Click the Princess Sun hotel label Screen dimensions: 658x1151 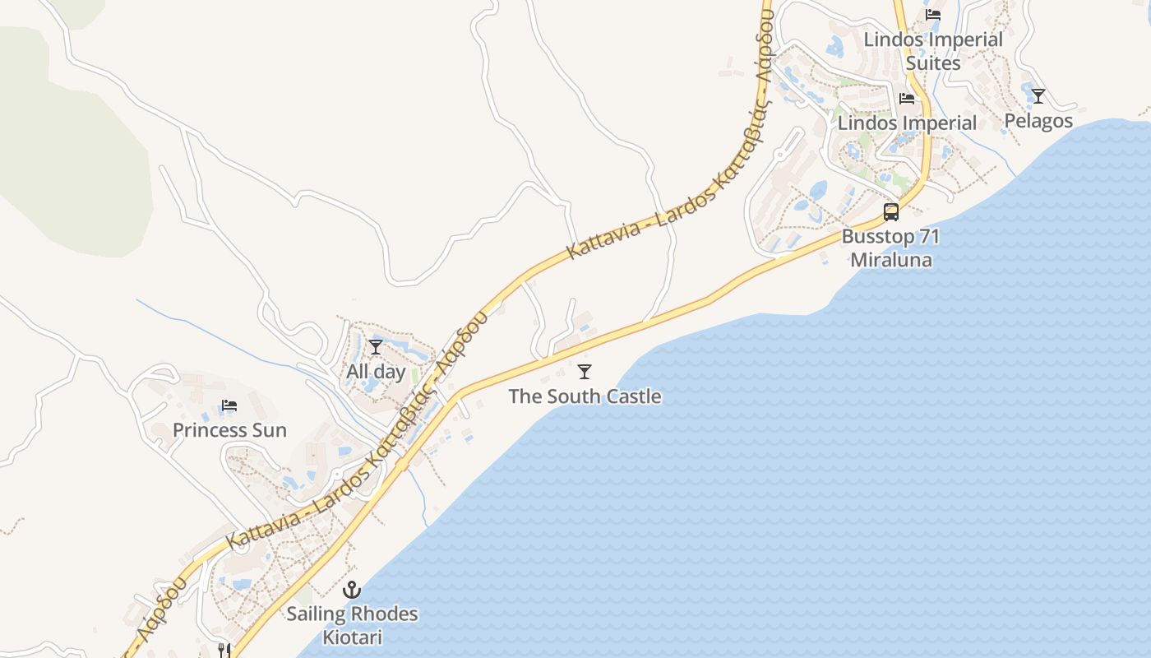(229, 430)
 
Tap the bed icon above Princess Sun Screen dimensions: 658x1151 (229, 405)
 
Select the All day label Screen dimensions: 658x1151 (376, 372)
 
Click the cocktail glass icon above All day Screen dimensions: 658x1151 (376, 347)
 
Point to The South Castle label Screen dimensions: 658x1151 (585, 396)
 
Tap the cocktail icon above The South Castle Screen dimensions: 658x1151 (585, 372)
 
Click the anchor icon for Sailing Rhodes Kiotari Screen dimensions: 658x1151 (352, 590)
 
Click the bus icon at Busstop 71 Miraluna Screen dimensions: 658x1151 (891, 212)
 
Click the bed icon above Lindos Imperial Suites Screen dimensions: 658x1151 (933, 15)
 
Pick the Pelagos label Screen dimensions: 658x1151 (1038, 121)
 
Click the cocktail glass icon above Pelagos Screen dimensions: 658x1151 (1038, 96)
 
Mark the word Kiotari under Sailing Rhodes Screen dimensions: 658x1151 (352, 637)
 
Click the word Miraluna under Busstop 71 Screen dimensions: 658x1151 (891, 261)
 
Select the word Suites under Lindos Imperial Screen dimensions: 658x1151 (933, 63)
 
